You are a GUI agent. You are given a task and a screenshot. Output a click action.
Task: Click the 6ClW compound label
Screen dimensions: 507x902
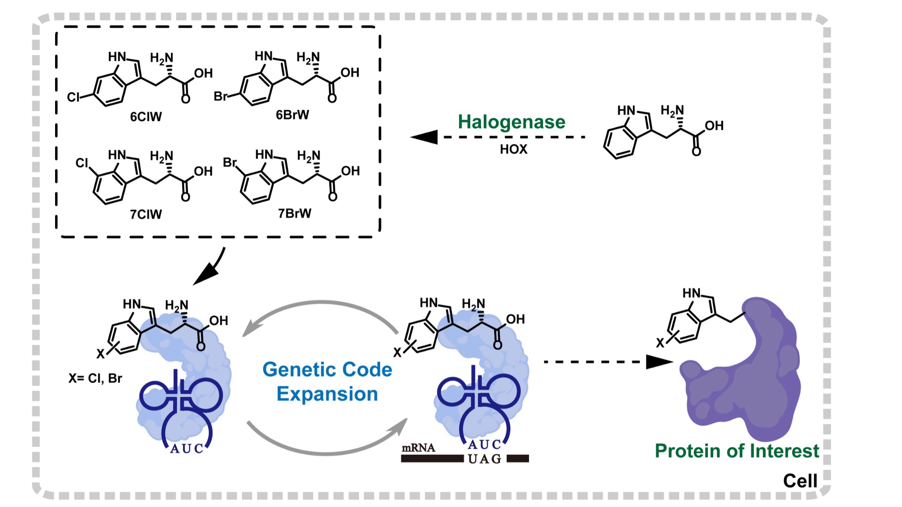pos(145,117)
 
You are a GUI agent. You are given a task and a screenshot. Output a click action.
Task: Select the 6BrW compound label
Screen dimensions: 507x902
pos(292,115)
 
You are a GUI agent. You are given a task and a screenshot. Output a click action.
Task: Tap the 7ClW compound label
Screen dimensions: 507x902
pos(145,215)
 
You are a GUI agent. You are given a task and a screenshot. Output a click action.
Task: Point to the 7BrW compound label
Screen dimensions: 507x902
pos(294,213)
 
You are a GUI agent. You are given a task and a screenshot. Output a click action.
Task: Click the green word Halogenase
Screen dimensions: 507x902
pos(511,122)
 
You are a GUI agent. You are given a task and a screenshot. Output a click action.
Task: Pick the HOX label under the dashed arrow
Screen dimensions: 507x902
pos(513,149)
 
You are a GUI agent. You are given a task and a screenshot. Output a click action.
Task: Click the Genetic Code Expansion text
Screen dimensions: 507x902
pos(327,382)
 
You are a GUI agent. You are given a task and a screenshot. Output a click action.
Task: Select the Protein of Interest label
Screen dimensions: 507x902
pos(737,451)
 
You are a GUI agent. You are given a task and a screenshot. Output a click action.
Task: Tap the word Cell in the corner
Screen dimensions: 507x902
pos(800,480)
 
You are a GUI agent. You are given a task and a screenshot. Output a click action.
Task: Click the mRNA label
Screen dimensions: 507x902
pos(418,448)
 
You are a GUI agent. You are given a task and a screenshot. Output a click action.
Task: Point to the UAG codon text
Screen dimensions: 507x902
pos(485,459)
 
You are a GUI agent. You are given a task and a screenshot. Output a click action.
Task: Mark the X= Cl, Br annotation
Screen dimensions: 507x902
pos(95,378)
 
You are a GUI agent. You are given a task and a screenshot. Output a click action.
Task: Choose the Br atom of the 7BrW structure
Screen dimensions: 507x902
pos(230,162)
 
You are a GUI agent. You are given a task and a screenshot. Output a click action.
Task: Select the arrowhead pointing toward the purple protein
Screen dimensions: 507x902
pos(659,362)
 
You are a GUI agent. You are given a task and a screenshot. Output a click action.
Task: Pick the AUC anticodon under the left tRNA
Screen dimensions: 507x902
pos(187,449)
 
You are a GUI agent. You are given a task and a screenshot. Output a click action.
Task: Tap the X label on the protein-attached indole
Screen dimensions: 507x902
pos(660,343)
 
